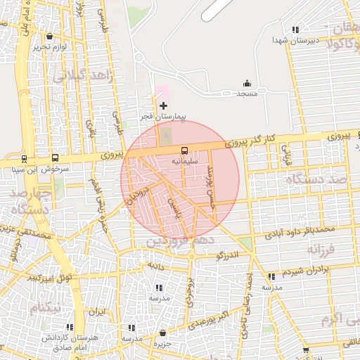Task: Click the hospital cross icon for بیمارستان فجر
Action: (164, 105)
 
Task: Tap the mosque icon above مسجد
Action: (247, 83)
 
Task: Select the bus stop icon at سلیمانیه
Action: (184, 150)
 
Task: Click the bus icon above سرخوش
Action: (55, 158)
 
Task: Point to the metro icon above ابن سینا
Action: (25, 158)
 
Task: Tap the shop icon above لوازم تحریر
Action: (49, 35)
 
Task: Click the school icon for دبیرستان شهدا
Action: (295, 30)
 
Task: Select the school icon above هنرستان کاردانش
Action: (70, 327)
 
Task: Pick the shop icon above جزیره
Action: (163, 333)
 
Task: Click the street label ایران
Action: (95, 311)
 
